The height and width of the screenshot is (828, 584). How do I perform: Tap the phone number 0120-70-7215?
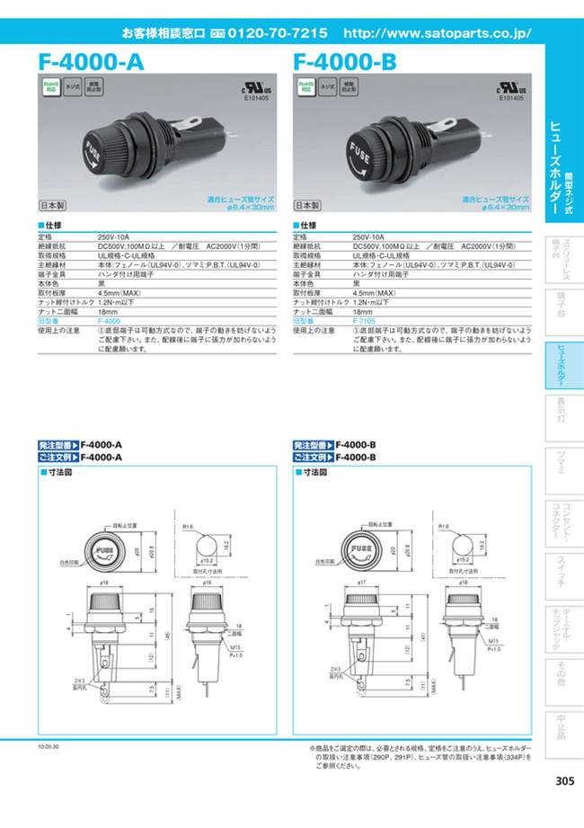(278, 33)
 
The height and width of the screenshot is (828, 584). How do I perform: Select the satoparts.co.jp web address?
(438, 33)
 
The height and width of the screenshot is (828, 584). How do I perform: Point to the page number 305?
(564, 780)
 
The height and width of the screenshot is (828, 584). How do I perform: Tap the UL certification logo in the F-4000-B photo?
(509, 89)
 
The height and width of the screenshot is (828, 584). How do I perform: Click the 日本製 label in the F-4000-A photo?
(53, 204)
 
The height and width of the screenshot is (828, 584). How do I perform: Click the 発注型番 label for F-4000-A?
(58, 445)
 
